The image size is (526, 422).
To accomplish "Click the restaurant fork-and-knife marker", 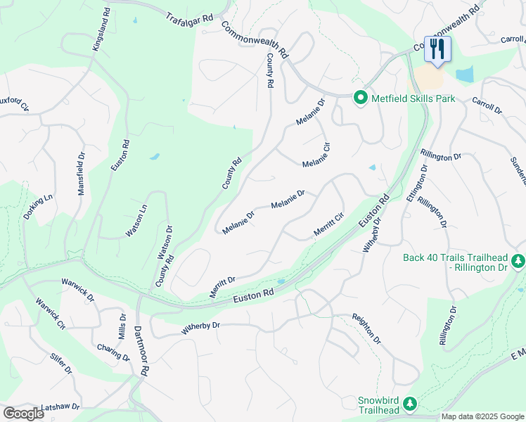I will (437, 49).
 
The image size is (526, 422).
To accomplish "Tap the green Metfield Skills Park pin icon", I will (361, 98).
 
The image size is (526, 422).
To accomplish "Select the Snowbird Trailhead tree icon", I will (410, 405).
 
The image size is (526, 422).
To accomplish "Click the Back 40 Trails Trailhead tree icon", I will (518, 262).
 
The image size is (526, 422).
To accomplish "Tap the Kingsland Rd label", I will (101, 29).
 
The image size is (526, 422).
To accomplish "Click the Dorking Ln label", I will (38, 207).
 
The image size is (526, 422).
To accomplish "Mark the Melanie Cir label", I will (316, 155).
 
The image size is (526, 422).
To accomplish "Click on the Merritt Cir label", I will (328, 224).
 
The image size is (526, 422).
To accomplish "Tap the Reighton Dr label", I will (366, 329).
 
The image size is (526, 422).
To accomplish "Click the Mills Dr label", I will (122, 327).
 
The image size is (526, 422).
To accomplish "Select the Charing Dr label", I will (114, 352).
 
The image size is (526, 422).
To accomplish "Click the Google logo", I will (24, 414).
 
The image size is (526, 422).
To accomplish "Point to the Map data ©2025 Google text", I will (482, 416).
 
